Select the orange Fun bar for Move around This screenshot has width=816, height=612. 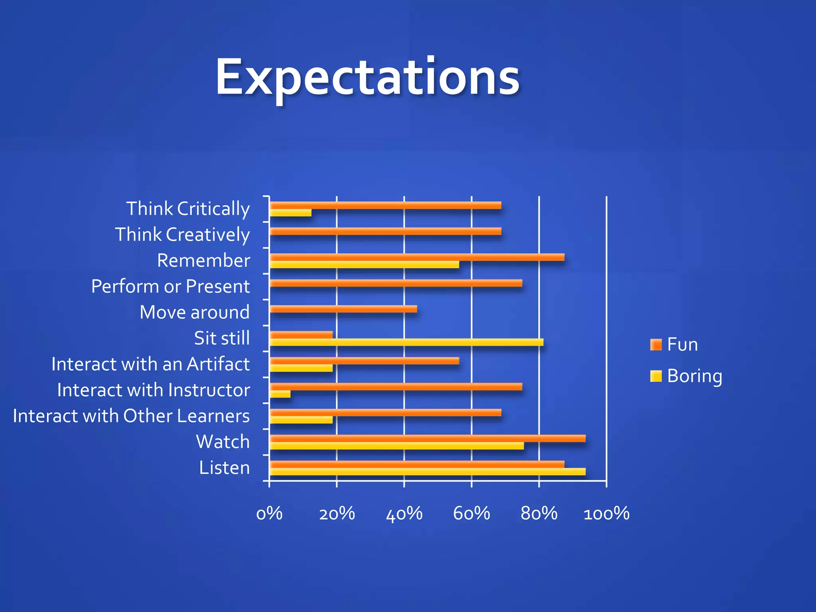click(343, 309)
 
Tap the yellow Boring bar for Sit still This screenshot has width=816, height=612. click(406, 342)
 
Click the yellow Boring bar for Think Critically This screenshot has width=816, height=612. click(290, 213)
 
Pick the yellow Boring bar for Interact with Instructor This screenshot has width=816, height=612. click(280, 394)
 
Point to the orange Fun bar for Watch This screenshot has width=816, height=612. click(428, 438)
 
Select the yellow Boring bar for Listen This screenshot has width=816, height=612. click(428, 472)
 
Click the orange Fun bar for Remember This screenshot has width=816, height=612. click(417, 257)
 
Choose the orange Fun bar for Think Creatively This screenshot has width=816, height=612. click(385, 231)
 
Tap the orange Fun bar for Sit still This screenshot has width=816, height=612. click(301, 335)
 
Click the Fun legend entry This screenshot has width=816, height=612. click(682, 344)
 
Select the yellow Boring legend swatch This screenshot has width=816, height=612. click(655, 376)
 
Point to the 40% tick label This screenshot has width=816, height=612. click(404, 514)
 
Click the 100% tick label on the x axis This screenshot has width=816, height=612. click(606, 514)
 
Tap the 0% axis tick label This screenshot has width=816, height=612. click(269, 514)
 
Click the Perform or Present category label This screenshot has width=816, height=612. click(171, 286)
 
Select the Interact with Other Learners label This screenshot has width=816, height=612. click(131, 416)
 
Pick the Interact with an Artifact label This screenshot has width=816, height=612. click(151, 364)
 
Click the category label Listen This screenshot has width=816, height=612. click(224, 467)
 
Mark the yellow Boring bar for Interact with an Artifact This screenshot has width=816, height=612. click(301, 368)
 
